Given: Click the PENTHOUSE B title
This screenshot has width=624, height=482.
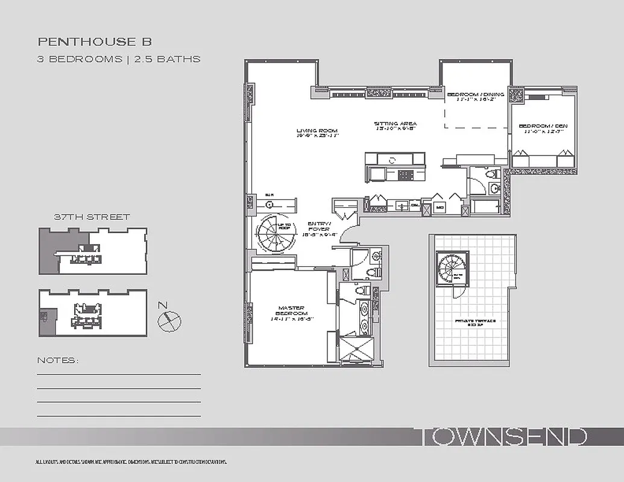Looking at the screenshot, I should pyautogui.click(x=95, y=42).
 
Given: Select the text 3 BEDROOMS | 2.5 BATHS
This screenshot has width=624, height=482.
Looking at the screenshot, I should pyautogui.click(x=119, y=59).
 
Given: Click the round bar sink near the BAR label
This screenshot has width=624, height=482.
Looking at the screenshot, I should pyautogui.click(x=268, y=204).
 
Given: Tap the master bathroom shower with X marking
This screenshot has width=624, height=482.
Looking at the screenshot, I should pyautogui.click(x=356, y=350).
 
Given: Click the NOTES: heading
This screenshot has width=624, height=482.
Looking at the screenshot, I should pyautogui.click(x=58, y=360).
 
